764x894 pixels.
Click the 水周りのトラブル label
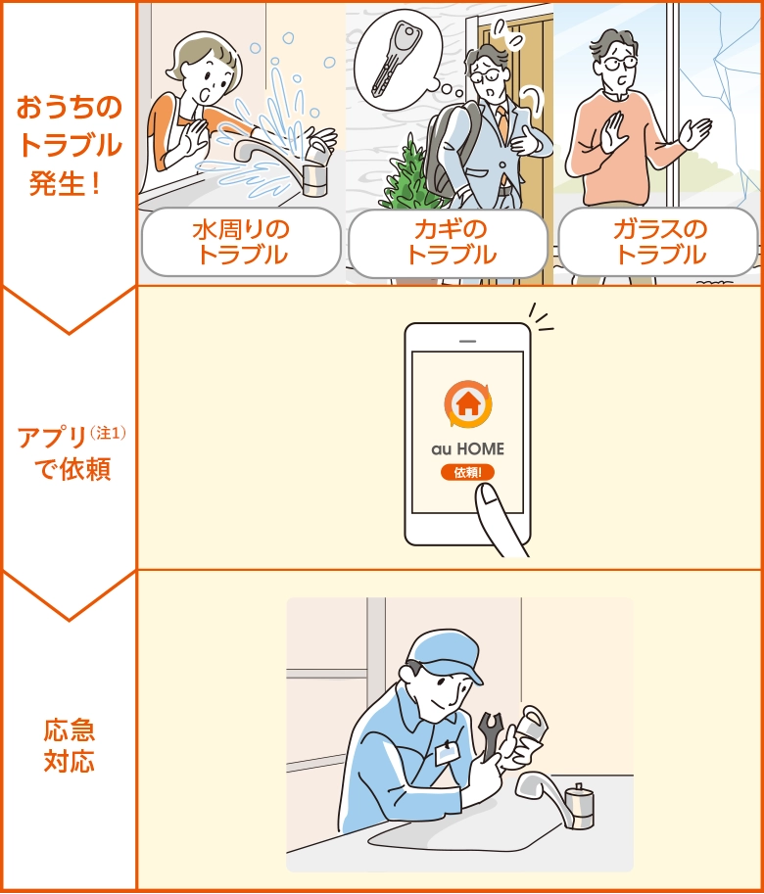[241, 242]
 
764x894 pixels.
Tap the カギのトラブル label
[451, 242]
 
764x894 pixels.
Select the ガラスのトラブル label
[659, 242]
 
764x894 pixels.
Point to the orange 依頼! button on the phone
[467, 472]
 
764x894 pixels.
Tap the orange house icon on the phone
[467, 402]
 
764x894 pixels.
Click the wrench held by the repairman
[489, 735]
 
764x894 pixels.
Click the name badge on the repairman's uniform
[447, 754]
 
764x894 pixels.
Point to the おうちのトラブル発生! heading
[69, 145]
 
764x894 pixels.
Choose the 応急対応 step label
[69, 745]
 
